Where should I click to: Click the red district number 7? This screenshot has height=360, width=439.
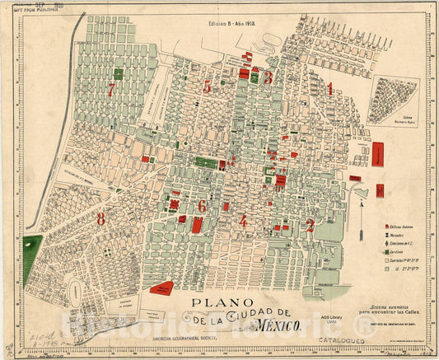[110, 90]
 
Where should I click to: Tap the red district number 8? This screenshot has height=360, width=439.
[100, 219]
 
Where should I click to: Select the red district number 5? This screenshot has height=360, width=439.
[207, 86]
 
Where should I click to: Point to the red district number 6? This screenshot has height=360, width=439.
[202, 206]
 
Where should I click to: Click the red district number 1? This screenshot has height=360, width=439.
[329, 88]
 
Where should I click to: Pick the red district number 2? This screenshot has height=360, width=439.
[310, 224]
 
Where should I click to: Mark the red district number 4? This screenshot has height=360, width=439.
[243, 221]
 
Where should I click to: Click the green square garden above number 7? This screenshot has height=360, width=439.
[118, 73]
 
